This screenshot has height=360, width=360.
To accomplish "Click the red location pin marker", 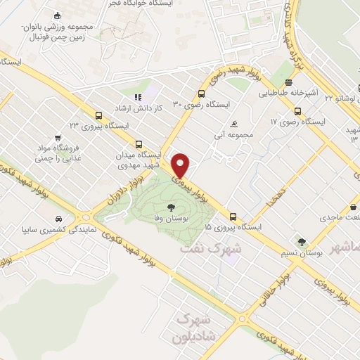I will click(181, 165).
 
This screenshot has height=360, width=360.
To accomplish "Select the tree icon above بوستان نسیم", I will click(302, 242).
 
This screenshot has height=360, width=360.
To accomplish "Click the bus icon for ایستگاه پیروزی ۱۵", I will click(233, 217).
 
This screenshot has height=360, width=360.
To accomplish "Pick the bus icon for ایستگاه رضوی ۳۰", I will click(202, 94).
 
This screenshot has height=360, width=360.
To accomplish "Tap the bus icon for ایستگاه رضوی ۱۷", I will click(297, 111).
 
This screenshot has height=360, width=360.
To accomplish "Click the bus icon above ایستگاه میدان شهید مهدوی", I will click(138, 143).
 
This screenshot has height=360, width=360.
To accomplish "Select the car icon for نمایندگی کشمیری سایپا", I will click(56, 219).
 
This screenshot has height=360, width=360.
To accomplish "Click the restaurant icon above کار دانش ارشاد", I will click(138, 98).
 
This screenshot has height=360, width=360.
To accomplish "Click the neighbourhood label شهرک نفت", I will click(210, 247).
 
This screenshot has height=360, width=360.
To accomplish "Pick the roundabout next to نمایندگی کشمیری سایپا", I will click(89, 216).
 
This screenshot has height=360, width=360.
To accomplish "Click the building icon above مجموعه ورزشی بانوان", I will click(57, 16).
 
